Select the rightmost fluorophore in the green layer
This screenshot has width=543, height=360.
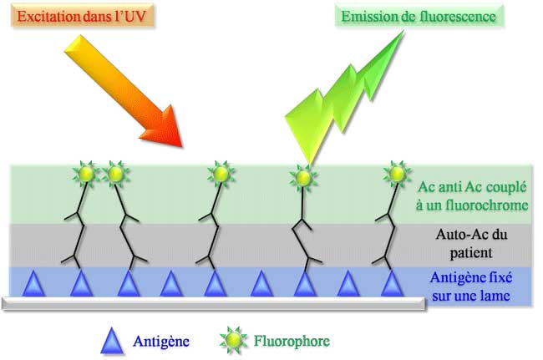click(x=395, y=175)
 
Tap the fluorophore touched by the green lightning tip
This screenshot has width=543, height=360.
click(x=303, y=176)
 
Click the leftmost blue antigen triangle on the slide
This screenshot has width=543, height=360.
click(x=34, y=285)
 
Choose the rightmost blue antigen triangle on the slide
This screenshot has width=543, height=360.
click(x=389, y=285)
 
